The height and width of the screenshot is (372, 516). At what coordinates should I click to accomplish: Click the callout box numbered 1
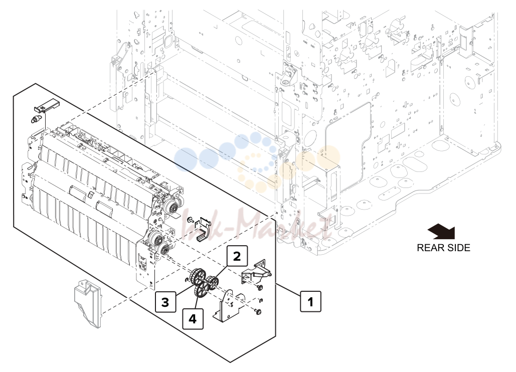[x=310, y=301]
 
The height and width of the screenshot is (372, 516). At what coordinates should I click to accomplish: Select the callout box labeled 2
[x=237, y=256]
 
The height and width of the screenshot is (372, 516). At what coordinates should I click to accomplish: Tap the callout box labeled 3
[x=165, y=302]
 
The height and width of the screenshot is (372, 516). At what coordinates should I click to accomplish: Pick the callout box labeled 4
[x=193, y=318]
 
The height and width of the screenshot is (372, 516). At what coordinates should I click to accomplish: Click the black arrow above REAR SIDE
[x=442, y=231]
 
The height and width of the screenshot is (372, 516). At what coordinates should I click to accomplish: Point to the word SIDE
[x=458, y=248]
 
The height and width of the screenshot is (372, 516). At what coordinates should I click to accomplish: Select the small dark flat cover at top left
[x=47, y=105]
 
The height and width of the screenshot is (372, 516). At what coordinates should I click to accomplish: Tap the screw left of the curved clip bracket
[x=190, y=220]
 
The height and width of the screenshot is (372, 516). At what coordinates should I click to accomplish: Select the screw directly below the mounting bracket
[x=260, y=288]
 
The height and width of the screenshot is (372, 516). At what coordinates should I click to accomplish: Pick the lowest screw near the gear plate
[x=257, y=311]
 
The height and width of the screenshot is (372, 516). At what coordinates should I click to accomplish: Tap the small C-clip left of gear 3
[x=186, y=280]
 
